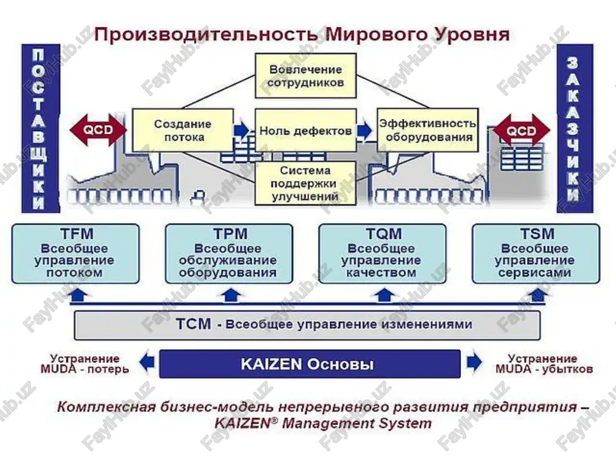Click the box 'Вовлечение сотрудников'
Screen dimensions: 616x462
click(x=306, y=76)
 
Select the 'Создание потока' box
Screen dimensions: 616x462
click(x=183, y=131)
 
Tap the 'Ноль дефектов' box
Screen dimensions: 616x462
click(x=306, y=131)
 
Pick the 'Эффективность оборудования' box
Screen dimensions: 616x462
click(x=428, y=131)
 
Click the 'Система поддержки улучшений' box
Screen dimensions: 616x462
click(x=306, y=183)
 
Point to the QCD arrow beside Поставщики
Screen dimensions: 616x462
click(x=98, y=129)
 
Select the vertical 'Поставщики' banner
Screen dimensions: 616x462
click(x=41, y=129)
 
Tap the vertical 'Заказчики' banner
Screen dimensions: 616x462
click(x=575, y=129)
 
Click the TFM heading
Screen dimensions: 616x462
click(x=77, y=233)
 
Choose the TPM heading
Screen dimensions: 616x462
click(x=230, y=233)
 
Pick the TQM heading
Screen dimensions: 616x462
click(x=384, y=233)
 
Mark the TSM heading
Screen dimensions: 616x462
click(x=537, y=233)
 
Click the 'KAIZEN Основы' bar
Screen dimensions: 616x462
click(x=310, y=364)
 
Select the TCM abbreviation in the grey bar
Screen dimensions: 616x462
click(x=193, y=324)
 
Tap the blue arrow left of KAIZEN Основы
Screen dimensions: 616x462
click(x=147, y=362)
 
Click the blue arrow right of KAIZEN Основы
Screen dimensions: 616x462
click(x=474, y=362)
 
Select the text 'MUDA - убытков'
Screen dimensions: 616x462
click(x=544, y=369)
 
